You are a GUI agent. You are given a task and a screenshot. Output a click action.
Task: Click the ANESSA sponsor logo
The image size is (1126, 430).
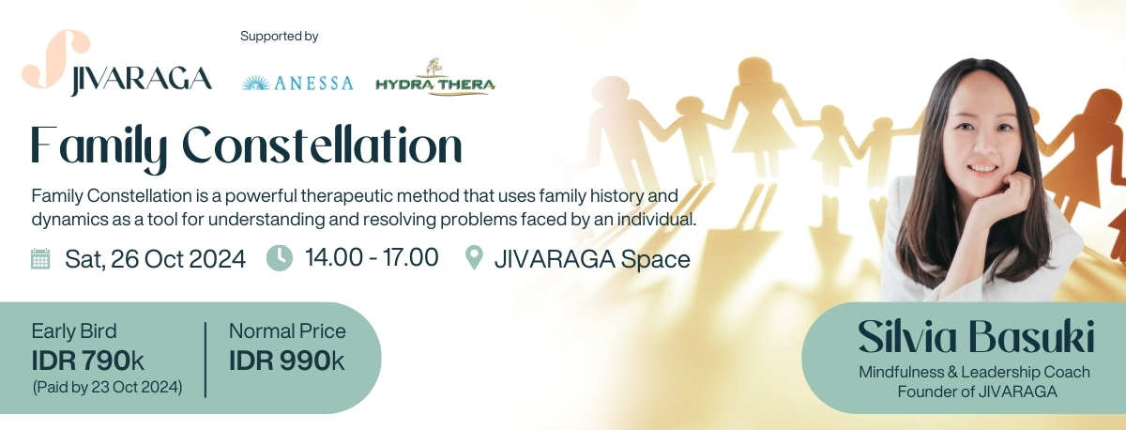click(297, 83)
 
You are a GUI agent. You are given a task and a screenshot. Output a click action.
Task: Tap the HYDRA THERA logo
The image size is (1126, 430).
click(435, 78)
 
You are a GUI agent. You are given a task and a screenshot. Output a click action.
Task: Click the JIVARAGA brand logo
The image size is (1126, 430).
click(116, 63)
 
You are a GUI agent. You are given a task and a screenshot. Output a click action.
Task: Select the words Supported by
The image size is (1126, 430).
click(279, 37)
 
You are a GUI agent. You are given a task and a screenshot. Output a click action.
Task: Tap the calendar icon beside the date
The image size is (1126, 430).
click(40, 258)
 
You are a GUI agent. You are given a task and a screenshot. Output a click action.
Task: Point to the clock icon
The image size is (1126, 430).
click(280, 258)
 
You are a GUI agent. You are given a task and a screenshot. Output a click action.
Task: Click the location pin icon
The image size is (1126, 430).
click(474, 257)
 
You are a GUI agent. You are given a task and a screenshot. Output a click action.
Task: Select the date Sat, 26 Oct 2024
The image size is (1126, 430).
click(156, 259)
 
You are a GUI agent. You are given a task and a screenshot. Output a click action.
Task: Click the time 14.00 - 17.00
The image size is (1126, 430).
click(372, 257)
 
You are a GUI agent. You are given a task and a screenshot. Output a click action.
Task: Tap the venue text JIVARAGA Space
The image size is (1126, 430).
click(592, 259)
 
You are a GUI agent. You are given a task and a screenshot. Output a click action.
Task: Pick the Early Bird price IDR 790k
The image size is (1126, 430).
click(88, 361)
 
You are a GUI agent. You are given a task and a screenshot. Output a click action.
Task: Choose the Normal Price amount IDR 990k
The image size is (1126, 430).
click(287, 361)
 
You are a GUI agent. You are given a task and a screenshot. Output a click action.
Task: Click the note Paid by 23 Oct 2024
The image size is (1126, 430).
click(108, 387)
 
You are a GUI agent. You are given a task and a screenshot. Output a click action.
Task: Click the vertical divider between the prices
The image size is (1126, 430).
click(205, 361)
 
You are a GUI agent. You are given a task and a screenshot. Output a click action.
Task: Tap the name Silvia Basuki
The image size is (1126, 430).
click(976, 336)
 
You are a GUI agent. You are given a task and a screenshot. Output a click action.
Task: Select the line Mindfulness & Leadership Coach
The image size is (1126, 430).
click(974, 372)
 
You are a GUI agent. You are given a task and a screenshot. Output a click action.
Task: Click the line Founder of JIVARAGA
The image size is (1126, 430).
click(977, 392)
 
